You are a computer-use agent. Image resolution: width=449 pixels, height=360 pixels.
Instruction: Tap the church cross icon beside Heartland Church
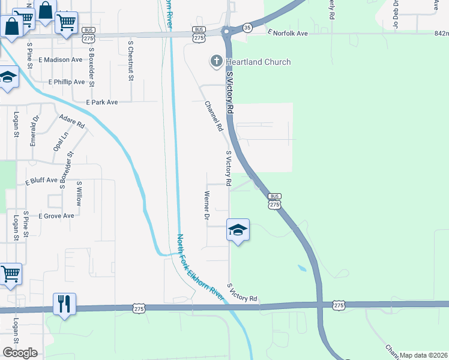pyautogui.click(x=215, y=61)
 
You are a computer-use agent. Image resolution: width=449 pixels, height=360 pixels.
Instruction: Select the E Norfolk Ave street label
pyautogui.click(x=288, y=33)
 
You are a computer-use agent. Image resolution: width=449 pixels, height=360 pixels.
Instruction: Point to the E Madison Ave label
pyautogui.click(x=60, y=60)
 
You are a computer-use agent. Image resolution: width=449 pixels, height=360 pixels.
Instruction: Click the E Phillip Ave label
pyautogui.click(x=67, y=82)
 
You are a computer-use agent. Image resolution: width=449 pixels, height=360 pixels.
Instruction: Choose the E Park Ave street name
pyautogui.click(x=101, y=103)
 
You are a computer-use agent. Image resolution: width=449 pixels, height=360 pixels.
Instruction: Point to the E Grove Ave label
pyautogui.click(x=56, y=215)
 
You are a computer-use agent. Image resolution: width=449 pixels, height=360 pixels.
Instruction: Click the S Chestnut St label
pyautogui.click(x=130, y=60)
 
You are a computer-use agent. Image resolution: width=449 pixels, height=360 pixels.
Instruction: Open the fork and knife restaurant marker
pyautogui.click(x=63, y=303)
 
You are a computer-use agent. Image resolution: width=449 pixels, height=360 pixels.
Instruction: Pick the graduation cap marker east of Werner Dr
pyautogui.click(x=238, y=230)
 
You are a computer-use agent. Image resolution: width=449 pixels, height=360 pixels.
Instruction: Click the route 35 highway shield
pyautogui.click(x=247, y=28)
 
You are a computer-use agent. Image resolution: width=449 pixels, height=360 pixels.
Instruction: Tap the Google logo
pyautogui.click(x=20, y=352)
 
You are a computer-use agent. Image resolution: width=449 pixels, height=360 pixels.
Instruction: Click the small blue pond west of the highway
pyautogui.click(x=301, y=268)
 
